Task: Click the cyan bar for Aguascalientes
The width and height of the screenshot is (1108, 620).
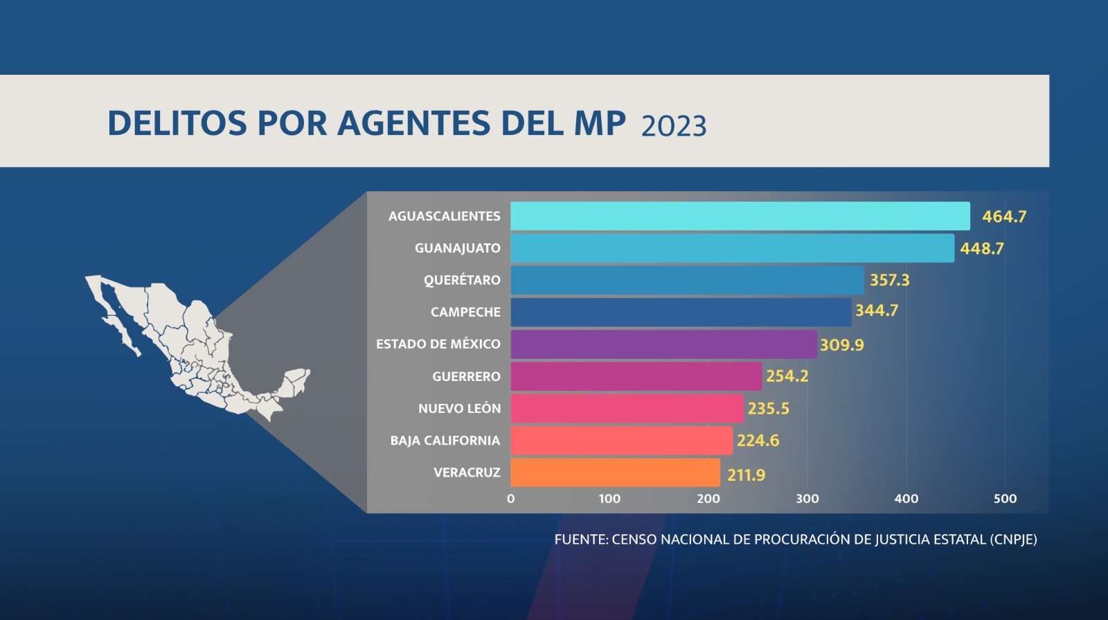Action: click(x=740, y=216)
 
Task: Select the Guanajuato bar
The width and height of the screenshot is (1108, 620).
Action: click(x=732, y=248)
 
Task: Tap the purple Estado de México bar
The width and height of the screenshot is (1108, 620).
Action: click(x=663, y=344)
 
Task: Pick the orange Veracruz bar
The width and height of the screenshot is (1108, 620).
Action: click(x=615, y=472)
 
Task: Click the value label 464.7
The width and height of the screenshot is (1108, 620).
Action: click(x=1004, y=217)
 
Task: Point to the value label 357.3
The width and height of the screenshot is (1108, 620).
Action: click(x=890, y=281)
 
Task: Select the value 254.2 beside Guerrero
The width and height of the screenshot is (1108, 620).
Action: click(x=787, y=376)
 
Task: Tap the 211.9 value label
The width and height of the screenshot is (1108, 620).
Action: click(x=746, y=475)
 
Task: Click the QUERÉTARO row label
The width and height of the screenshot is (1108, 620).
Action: click(x=462, y=281)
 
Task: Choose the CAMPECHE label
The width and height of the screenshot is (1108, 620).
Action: click(x=465, y=312)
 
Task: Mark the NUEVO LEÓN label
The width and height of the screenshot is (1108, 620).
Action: click(x=459, y=409)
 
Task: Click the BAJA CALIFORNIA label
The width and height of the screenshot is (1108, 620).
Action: click(x=445, y=441)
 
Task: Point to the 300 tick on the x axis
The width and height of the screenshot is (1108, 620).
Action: click(x=807, y=499)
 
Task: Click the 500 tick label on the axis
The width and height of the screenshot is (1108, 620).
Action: click(x=1005, y=499)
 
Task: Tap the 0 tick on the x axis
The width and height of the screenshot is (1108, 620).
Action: click(x=511, y=499)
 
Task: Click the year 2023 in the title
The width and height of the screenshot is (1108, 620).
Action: click(x=674, y=127)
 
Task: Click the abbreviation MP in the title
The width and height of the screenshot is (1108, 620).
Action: click(x=600, y=124)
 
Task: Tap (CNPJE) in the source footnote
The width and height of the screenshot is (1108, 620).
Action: click(x=1013, y=540)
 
